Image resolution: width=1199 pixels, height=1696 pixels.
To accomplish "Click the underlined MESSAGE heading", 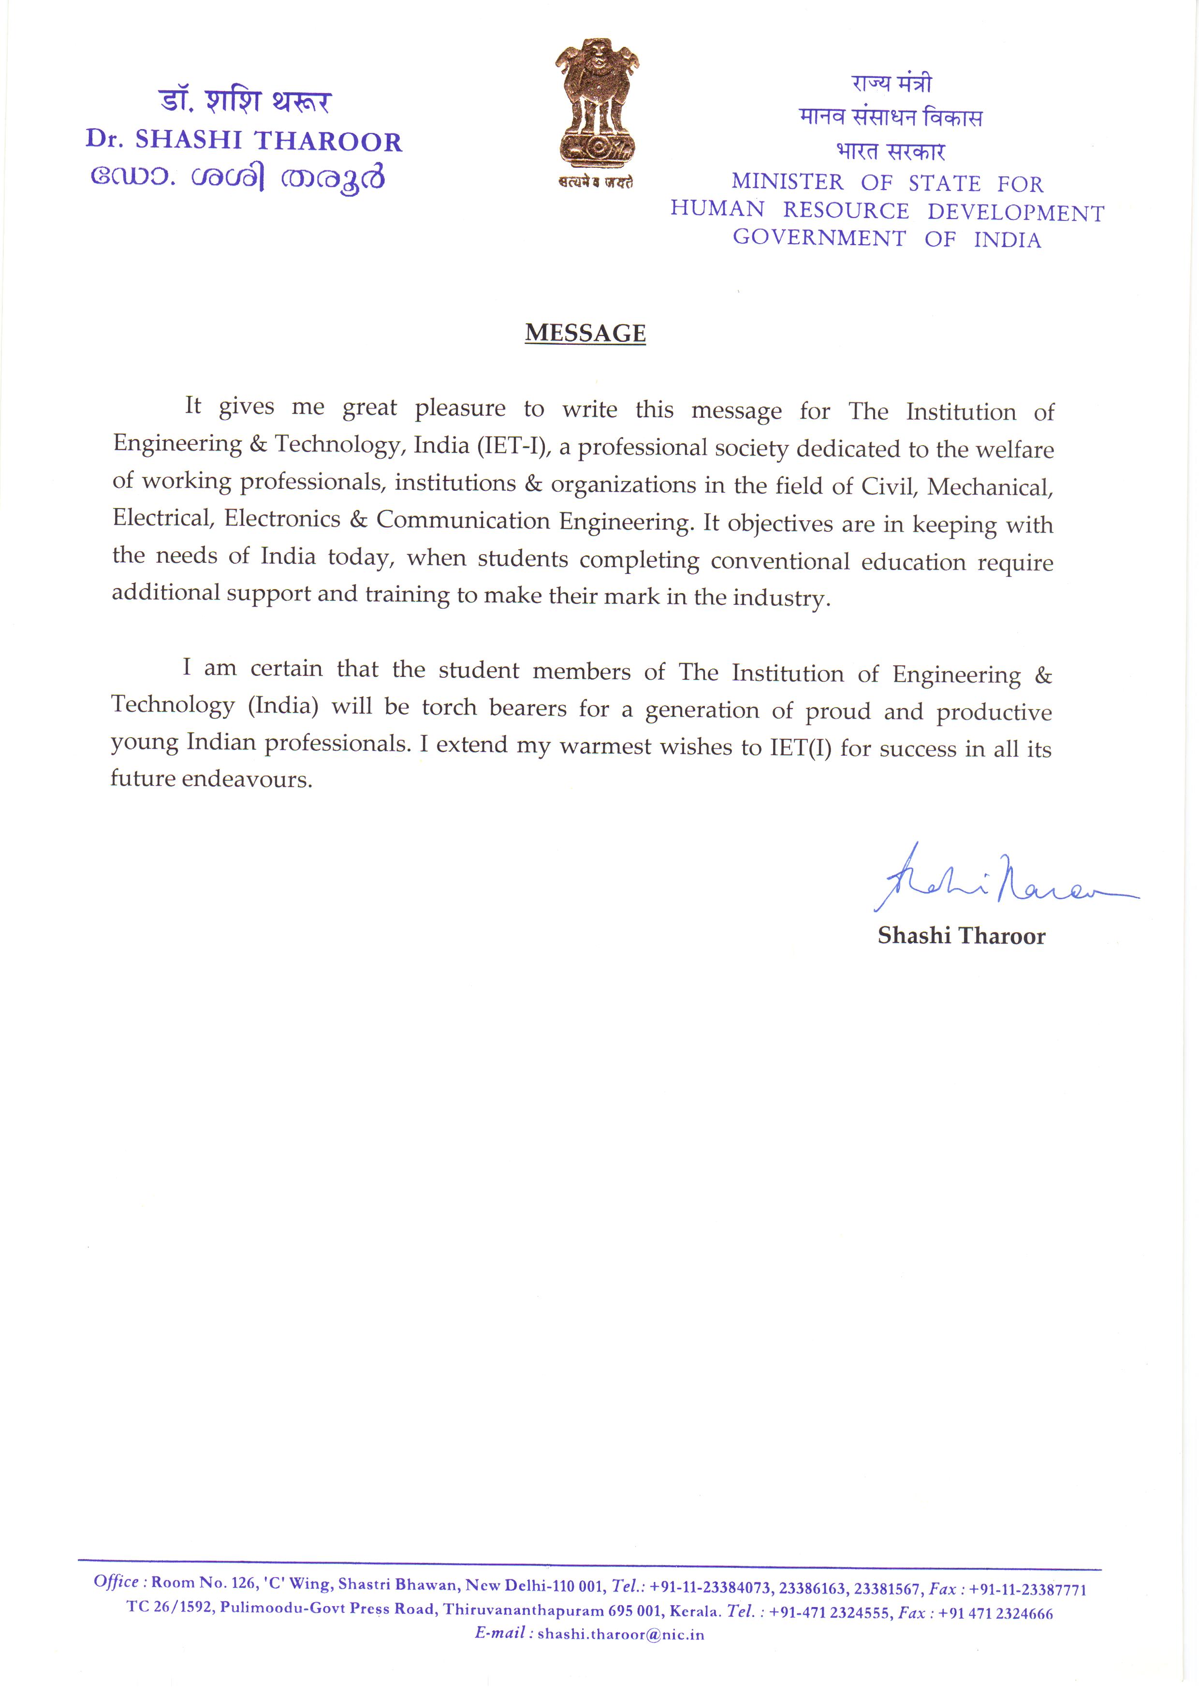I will pyautogui.click(x=585, y=333).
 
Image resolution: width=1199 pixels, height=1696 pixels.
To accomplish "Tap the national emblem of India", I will pyautogui.click(x=596, y=107).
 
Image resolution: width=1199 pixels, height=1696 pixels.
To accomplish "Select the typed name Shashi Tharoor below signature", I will pyautogui.click(x=961, y=936).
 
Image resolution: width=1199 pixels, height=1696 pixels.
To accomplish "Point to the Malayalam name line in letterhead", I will pyautogui.click(x=238, y=178).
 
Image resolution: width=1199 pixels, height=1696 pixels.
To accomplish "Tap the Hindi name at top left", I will pyautogui.click(x=245, y=101).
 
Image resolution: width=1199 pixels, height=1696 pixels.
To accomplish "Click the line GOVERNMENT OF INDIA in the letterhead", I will pyautogui.click(x=887, y=239).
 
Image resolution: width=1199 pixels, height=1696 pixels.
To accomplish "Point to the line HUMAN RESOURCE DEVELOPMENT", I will pyautogui.click(x=887, y=211).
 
